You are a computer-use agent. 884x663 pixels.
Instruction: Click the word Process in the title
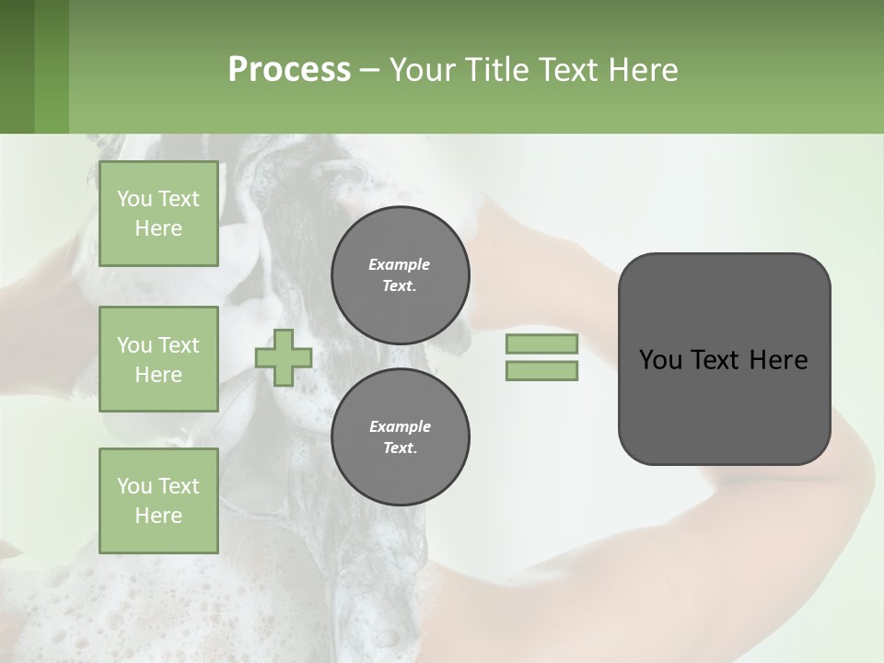tap(289, 69)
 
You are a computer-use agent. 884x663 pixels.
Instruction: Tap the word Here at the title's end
tap(641, 69)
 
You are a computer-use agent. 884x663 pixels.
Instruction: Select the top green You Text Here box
tap(158, 214)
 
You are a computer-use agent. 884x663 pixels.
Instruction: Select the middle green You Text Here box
tap(158, 359)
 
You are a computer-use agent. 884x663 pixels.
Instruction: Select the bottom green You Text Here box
tap(158, 500)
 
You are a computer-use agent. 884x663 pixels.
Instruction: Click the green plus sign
tap(283, 357)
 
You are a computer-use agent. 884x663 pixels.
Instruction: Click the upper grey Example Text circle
tap(400, 275)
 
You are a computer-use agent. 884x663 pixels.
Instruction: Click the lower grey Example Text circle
tap(400, 436)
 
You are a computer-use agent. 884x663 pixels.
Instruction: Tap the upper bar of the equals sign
tap(541, 343)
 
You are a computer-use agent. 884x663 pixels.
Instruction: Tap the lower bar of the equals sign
tap(541, 370)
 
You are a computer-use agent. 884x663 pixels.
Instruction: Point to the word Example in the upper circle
tap(399, 264)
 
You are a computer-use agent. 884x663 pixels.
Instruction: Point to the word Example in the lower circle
tap(400, 426)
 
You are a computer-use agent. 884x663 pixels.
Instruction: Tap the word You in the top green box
tap(134, 199)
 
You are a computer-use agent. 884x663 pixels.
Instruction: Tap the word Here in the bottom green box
tap(158, 516)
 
